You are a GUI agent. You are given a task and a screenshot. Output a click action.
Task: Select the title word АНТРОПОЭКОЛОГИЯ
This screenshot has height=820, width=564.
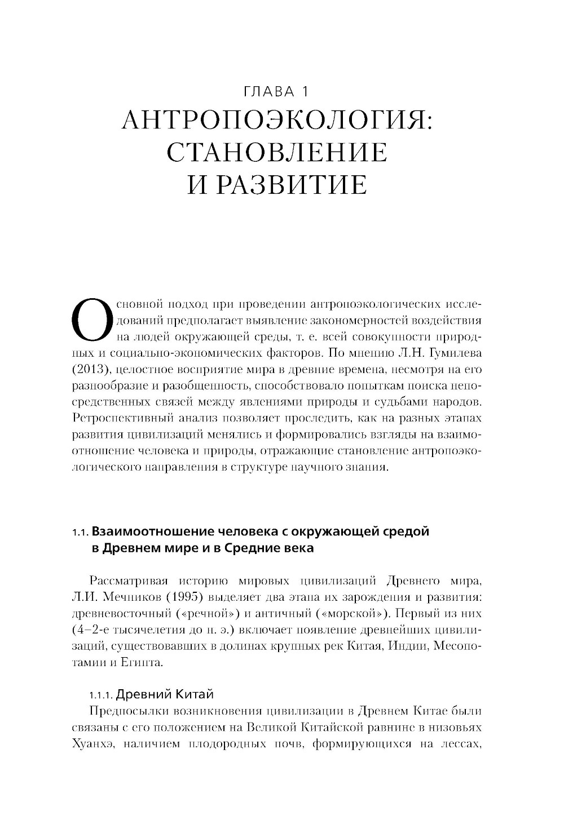point(276,120)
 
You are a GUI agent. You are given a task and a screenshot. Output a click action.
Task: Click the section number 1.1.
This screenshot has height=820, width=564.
point(81,532)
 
